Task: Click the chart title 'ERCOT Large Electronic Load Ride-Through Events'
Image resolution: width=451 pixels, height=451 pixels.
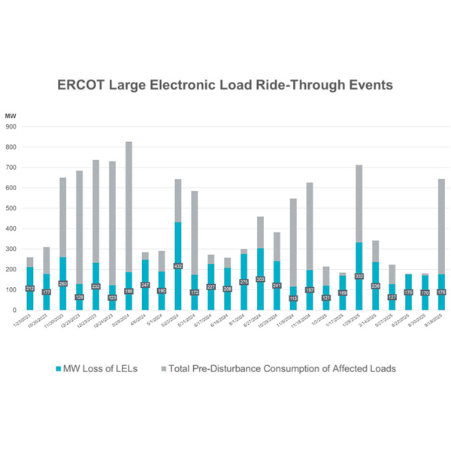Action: (225, 85)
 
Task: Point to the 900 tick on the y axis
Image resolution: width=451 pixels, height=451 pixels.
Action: (11, 127)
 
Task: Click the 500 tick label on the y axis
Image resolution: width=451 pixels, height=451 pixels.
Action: (11, 208)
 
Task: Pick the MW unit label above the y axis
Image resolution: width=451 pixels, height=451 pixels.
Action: (10, 116)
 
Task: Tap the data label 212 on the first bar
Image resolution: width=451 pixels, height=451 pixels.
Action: (30, 289)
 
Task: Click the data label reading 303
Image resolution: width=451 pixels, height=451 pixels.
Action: (260, 279)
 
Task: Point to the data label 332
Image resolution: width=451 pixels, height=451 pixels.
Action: (359, 276)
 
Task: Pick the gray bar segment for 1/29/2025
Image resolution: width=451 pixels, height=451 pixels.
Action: (359, 203)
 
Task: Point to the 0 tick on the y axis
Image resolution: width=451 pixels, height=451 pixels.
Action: (15, 310)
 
